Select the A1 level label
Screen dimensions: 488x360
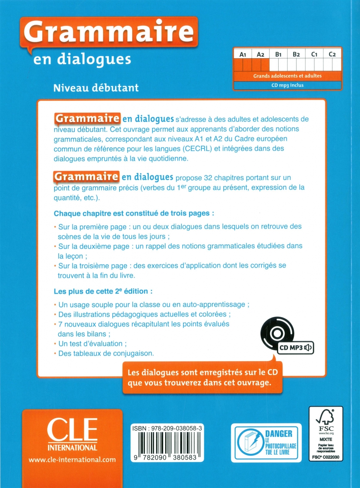[243, 54]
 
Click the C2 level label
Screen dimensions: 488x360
[332, 54]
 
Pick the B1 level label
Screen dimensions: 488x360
[278, 54]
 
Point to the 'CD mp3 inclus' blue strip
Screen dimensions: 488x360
[287, 85]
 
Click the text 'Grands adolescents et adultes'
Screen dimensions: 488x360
[287, 76]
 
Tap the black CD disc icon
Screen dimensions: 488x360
[277, 334]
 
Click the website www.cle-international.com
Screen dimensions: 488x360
[72, 460]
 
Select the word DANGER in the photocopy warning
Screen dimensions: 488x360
[279, 434]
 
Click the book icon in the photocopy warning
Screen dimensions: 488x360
[249, 443]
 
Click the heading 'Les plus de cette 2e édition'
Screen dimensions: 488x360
[104, 292]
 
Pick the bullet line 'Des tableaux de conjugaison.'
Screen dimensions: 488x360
[106, 353]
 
